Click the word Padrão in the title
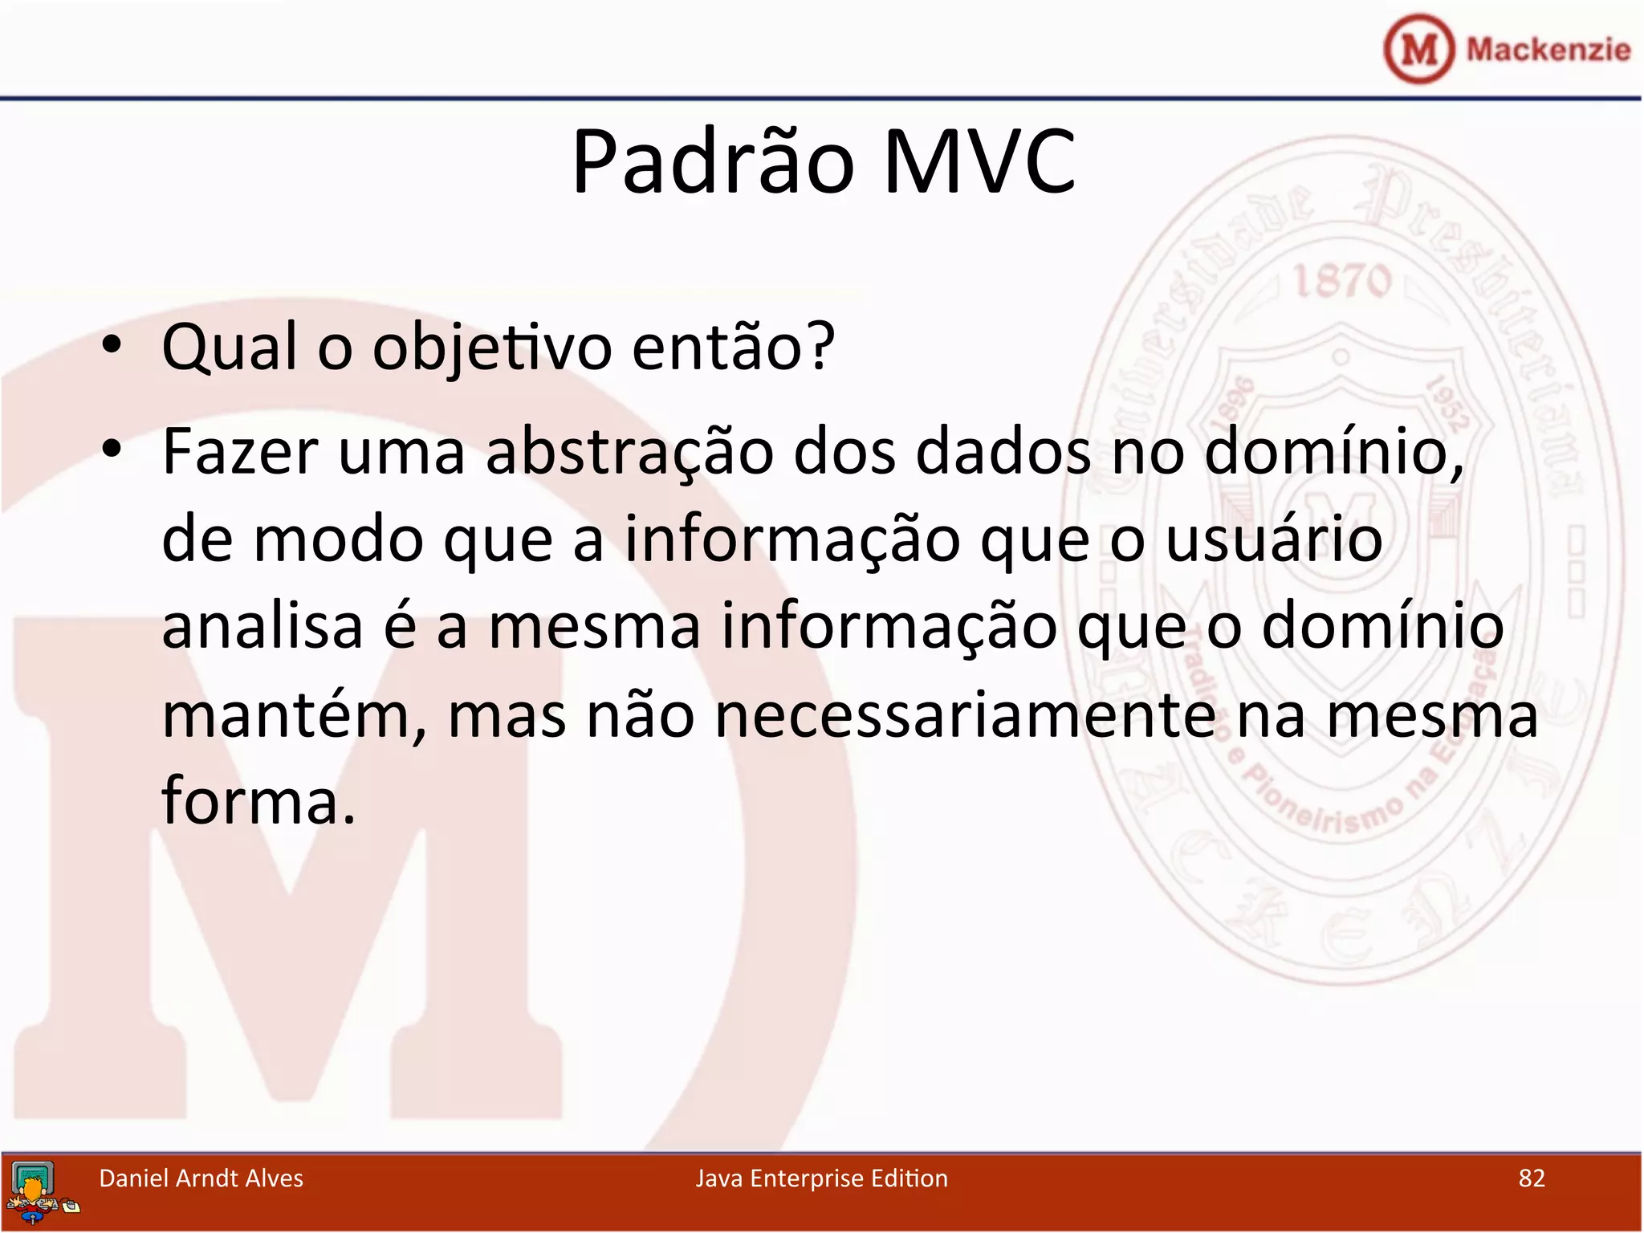point(713,164)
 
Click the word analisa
point(262,627)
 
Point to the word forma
point(258,801)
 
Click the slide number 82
point(1532,1178)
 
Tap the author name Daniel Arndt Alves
point(201,1178)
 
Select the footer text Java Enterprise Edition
point(821,1178)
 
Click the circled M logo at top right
point(1419,49)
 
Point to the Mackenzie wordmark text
point(1548,50)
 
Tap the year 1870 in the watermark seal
point(1341,281)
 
